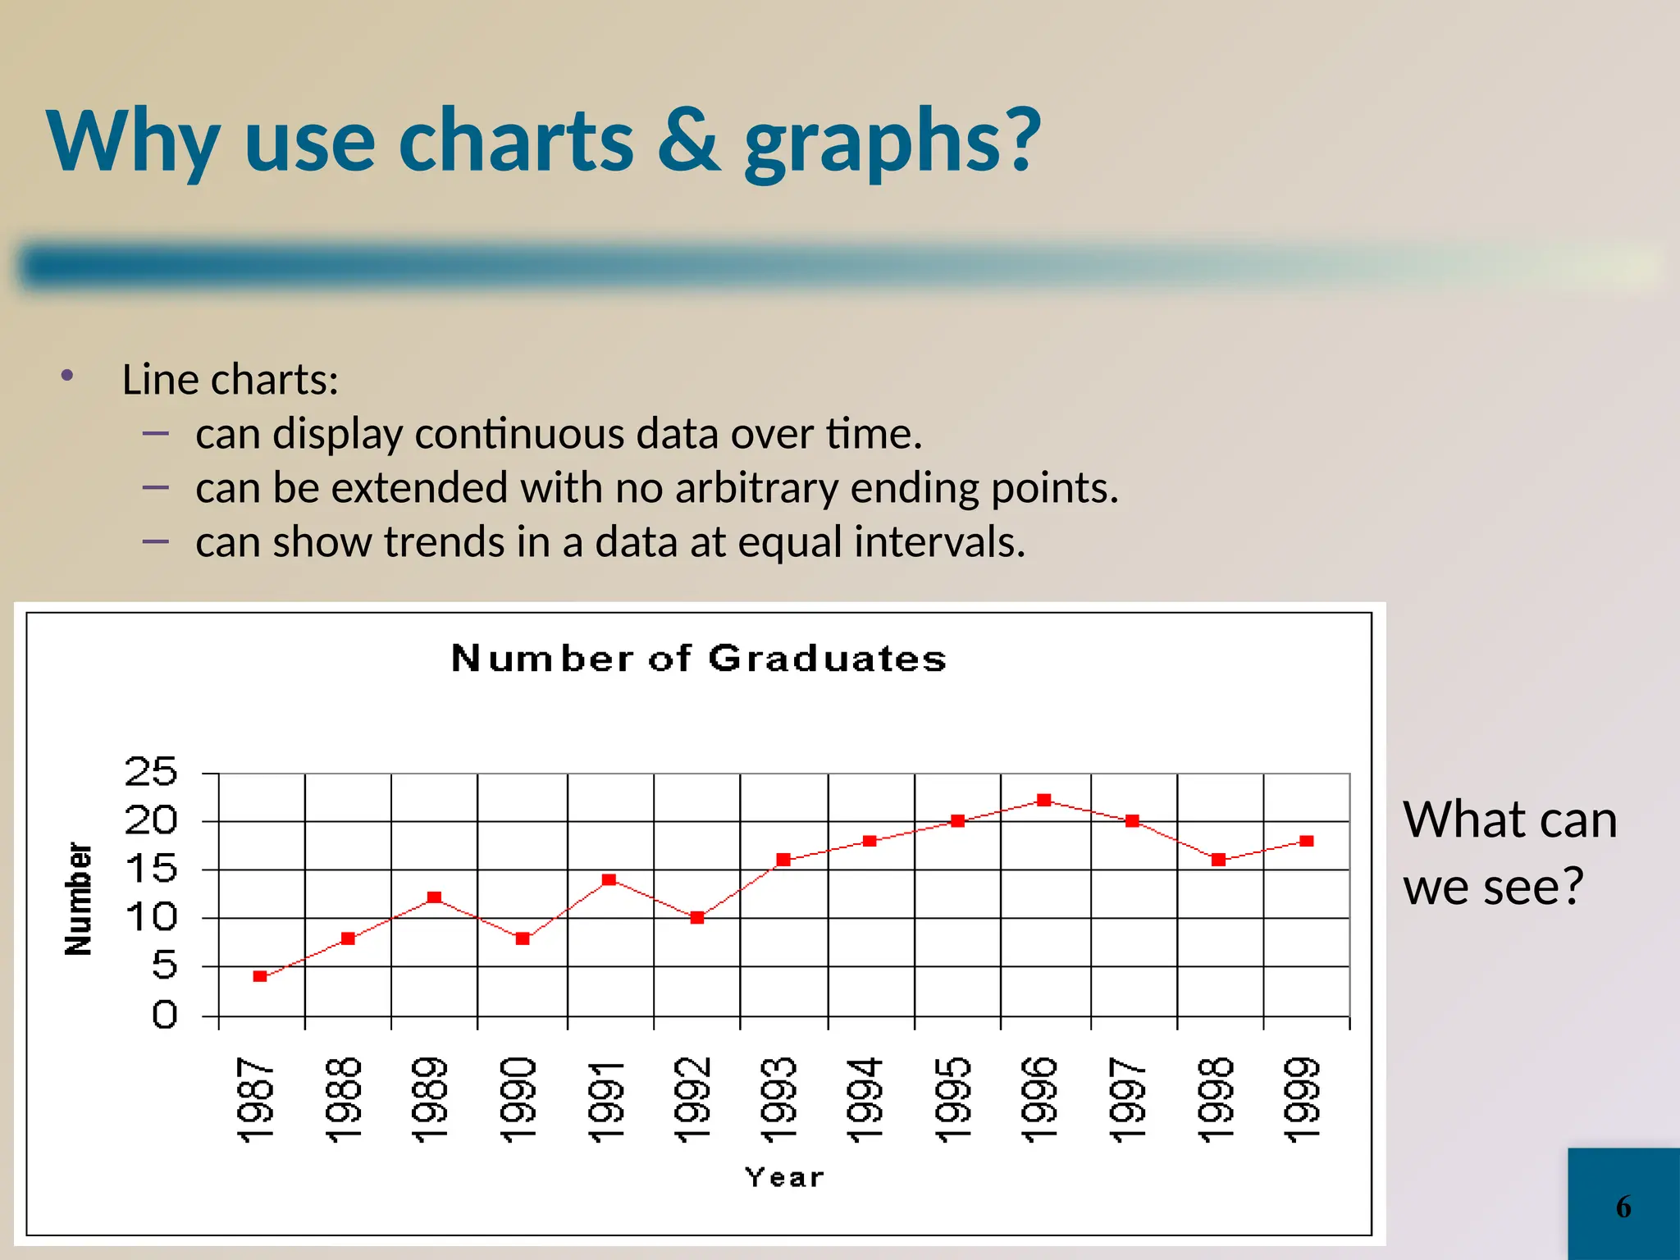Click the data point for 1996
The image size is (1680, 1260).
pyautogui.click(x=1043, y=800)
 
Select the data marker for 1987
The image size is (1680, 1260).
pyautogui.click(x=260, y=976)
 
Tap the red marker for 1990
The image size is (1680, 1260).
pyautogui.click(x=523, y=938)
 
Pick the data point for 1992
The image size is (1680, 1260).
pyautogui.click(x=697, y=918)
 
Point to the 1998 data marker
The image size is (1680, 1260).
pyautogui.click(x=1218, y=860)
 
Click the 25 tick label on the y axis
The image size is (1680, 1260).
pyautogui.click(x=151, y=772)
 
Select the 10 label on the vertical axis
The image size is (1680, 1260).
pyautogui.click(x=151, y=917)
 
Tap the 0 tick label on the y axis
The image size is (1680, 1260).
pyautogui.click(x=164, y=1016)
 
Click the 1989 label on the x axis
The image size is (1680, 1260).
pyautogui.click(x=430, y=1100)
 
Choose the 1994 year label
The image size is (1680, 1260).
pyautogui.click(x=865, y=1100)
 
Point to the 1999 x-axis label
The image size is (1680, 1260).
pyautogui.click(x=1303, y=1100)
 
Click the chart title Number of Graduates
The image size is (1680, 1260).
pyautogui.click(x=699, y=659)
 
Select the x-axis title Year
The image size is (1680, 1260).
pyautogui.click(x=784, y=1178)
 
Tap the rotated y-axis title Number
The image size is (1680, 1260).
pyautogui.click(x=79, y=899)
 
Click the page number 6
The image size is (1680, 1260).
pyautogui.click(x=1623, y=1207)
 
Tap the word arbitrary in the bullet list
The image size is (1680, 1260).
pyautogui.click(x=756, y=488)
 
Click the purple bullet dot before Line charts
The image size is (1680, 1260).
pyautogui.click(x=67, y=376)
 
